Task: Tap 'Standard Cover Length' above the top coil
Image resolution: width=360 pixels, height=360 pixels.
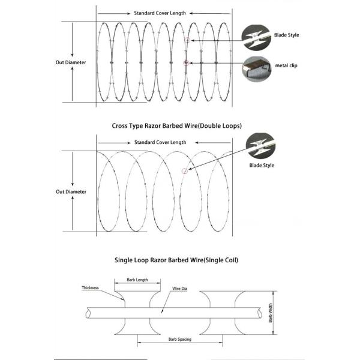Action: pos(160,12)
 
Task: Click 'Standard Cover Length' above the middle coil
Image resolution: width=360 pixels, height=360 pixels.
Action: pos(160,143)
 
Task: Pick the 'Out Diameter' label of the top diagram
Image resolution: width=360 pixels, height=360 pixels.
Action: pos(71,61)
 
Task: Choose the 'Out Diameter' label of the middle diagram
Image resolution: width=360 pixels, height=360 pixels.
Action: pos(71,192)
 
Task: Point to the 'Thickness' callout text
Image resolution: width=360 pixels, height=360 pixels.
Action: pos(90,288)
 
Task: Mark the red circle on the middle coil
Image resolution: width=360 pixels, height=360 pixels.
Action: pos(184,170)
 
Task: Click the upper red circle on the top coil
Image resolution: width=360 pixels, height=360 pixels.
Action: pos(187,40)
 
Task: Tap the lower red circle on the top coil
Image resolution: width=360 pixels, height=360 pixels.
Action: pos(187,62)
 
